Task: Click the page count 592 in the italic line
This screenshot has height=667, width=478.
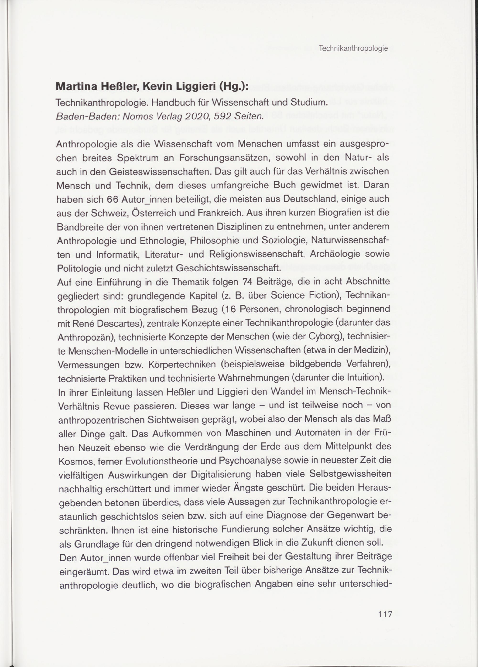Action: (223, 117)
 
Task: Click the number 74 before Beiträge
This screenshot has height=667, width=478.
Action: (248, 282)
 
